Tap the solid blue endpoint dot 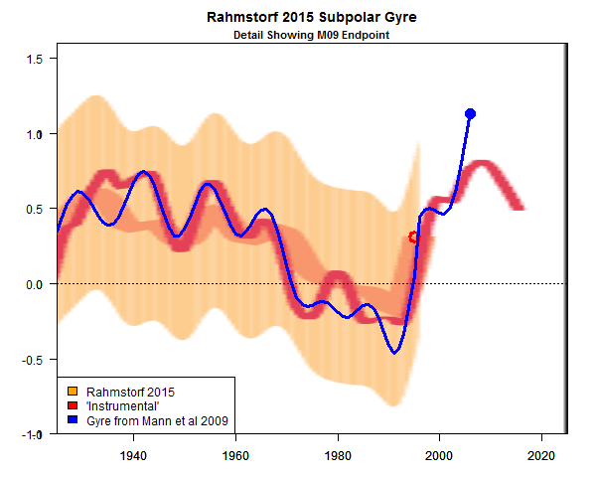[470, 114]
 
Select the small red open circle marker [415, 237]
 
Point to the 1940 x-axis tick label [134, 455]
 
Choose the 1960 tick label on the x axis [235, 455]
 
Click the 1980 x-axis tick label [338, 455]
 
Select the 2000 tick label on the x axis [439, 455]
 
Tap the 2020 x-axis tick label [540, 455]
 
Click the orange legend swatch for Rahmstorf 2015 [73, 390]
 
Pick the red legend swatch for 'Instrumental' [73, 405]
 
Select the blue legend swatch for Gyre [73, 421]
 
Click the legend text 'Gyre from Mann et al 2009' [158, 421]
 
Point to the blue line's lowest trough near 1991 [394, 352]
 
